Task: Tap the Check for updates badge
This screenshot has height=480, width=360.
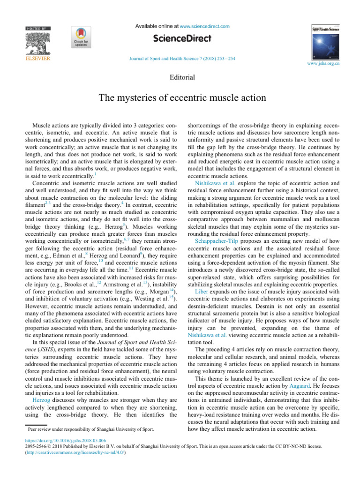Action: coord(79,38)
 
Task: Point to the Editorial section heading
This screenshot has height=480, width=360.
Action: coord(180,76)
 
